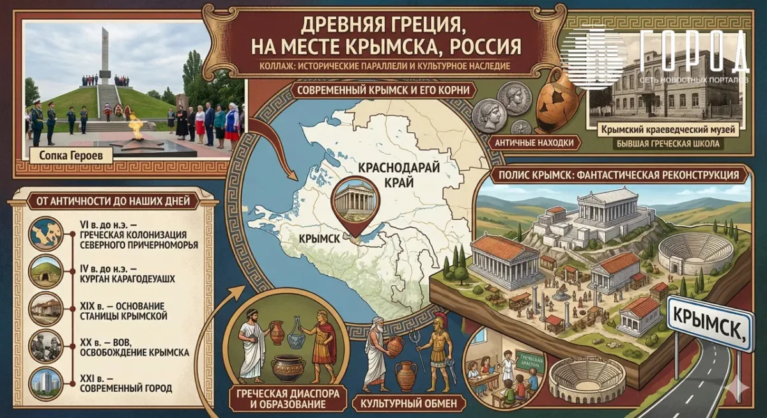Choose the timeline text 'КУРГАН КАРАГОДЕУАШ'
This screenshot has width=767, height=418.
click(128, 279)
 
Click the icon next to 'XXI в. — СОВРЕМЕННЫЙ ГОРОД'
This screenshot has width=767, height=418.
click(47, 382)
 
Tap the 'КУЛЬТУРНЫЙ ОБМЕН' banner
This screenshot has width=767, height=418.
click(405, 403)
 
